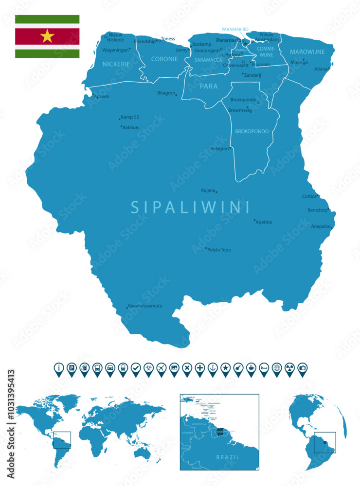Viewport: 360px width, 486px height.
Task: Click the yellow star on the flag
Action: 47,36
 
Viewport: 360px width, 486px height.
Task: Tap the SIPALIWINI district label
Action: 190,208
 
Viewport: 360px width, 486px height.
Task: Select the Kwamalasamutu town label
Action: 145,306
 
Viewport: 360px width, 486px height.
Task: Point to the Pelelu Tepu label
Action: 219,250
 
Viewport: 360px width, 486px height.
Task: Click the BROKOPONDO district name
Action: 252,132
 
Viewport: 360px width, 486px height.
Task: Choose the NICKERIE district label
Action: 116,64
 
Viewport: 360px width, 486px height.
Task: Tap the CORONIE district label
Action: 164,59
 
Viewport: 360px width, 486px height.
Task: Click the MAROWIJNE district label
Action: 307,52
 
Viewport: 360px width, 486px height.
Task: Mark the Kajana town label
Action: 209,191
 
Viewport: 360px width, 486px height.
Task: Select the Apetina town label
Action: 264,222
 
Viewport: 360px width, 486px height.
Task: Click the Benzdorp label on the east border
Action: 318,210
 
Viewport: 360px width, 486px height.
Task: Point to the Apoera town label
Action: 101,96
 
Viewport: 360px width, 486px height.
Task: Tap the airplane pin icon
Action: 162,368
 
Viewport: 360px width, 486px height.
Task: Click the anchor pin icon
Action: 213,368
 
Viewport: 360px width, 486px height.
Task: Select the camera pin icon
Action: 302,368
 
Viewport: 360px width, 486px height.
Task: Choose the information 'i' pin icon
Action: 59,368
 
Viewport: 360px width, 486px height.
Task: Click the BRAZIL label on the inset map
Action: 228,457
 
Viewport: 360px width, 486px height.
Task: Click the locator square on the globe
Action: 325,442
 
